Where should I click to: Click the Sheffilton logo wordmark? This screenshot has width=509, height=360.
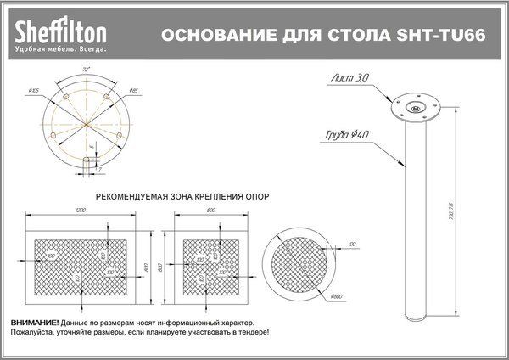59,33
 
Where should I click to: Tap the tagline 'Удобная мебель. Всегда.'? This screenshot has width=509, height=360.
59,51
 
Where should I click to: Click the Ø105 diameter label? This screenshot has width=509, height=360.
35,89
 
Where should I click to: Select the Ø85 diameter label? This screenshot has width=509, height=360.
134,89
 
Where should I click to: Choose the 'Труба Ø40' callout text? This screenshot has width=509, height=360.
345,134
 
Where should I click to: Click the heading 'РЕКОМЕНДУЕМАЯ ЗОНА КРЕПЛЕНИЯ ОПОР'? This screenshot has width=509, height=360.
182,194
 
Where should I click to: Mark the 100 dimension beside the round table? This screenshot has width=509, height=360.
351,245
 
